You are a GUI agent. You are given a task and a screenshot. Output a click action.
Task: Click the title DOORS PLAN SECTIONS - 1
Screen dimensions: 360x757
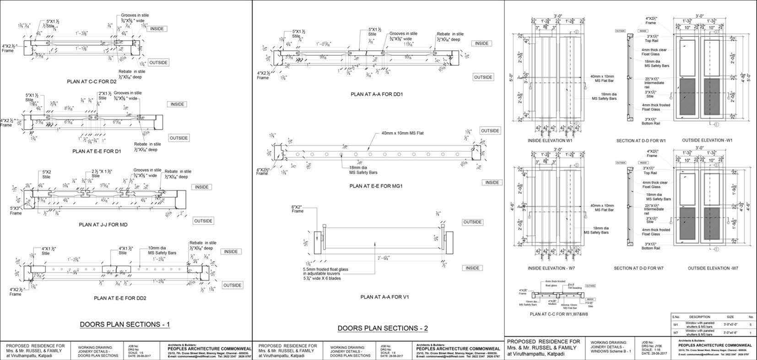click(x=125, y=324)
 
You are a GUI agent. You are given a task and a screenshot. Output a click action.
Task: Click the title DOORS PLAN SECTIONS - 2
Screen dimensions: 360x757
click(x=383, y=328)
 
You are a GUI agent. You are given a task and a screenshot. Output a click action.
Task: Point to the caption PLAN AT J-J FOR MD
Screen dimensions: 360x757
click(x=103, y=225)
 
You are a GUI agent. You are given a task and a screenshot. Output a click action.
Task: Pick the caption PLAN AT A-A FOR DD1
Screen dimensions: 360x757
click(x=379, y=94)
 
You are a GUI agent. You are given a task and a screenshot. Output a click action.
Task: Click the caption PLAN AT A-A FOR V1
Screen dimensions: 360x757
click(x=384, y=297)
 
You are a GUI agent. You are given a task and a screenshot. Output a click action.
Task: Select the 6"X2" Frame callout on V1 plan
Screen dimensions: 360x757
click(x=297, y=209)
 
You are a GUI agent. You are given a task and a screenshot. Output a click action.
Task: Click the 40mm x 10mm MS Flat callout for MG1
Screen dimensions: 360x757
click(x=402, y=134)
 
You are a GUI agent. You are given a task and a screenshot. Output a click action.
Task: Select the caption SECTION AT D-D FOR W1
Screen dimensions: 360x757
click(x=641, y=140)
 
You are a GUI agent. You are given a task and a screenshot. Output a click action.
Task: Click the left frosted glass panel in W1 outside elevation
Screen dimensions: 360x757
click(x=687, y=98)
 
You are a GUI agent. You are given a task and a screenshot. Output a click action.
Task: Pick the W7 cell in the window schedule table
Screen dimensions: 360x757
click(x=676, y=333)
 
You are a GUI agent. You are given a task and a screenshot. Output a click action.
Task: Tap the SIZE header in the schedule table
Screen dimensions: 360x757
click(x=730, y=317)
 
